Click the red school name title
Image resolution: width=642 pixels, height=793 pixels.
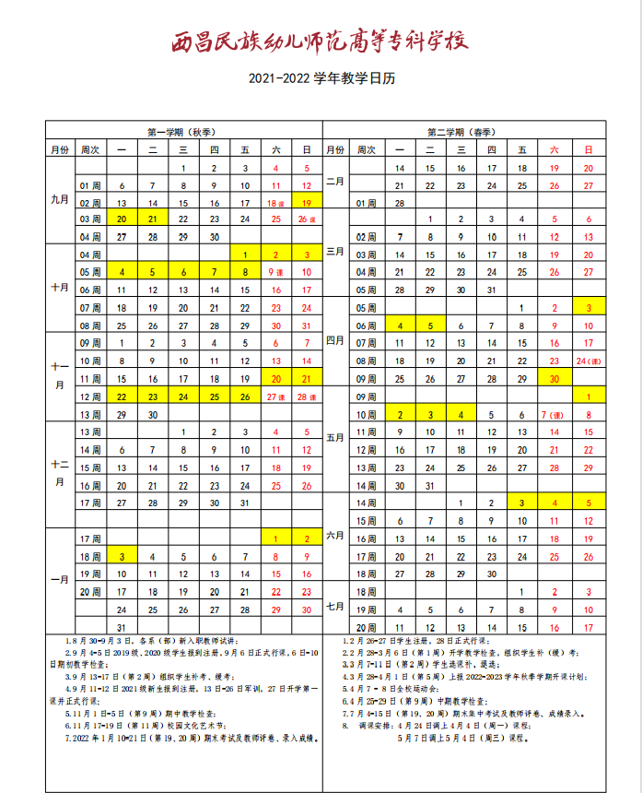[321, 41]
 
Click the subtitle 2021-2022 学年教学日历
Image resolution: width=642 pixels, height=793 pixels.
[321, 79]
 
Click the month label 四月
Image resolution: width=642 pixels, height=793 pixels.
[335, 339]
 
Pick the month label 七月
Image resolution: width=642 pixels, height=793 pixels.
[335, 606]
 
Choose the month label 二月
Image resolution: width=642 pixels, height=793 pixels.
[335, 181]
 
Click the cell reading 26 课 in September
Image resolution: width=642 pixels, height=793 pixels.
[307, 219]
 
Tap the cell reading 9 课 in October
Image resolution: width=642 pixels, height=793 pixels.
[275, 272]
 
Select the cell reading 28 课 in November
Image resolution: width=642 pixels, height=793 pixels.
[307, 396]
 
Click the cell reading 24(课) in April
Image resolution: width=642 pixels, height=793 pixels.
[587, 361]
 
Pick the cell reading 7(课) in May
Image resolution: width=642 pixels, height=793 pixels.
[554, 415]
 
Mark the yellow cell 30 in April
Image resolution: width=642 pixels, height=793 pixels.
[554, 378]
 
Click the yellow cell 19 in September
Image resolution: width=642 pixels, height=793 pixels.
[307, 202]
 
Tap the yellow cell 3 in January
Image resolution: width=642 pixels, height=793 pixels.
[122, 556]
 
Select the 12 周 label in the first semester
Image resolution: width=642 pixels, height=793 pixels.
[90, 396]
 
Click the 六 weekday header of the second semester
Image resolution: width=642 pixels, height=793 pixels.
[554, 149]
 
